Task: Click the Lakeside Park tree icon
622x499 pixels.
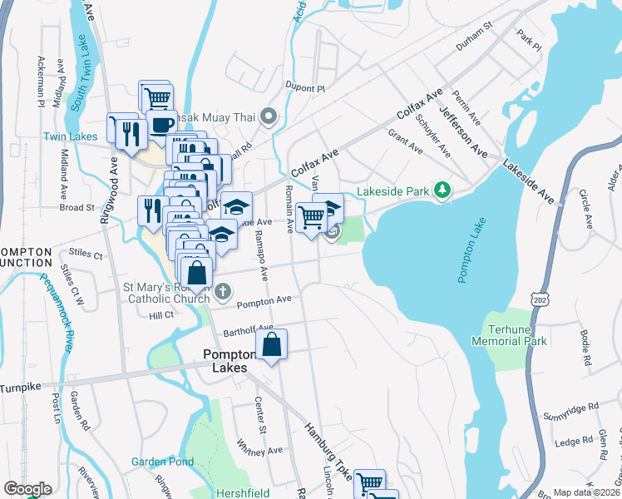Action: [442, 192]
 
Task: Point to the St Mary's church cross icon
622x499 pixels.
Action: [222, 292]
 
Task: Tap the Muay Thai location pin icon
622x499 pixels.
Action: [268, 116]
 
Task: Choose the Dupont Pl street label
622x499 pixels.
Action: [304, 87]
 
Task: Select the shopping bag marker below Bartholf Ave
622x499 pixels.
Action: [272, 345]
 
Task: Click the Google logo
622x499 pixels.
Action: [27, 489]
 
